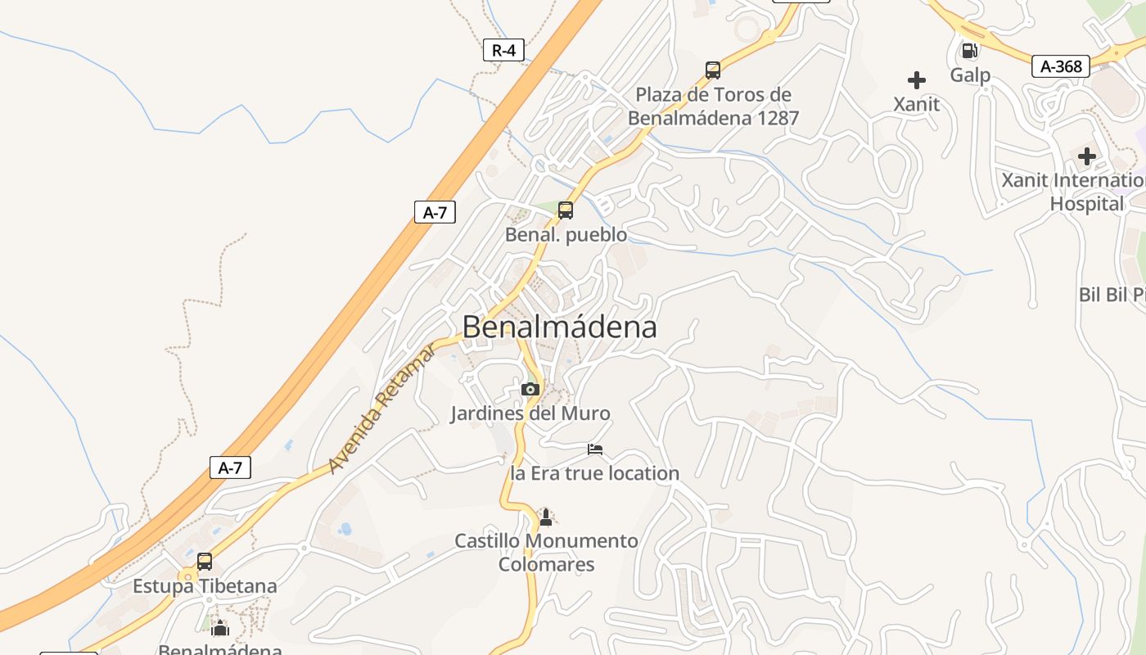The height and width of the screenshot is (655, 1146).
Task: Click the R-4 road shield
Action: click(503, 50)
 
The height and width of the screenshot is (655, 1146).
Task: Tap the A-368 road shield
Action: click(1060, 66)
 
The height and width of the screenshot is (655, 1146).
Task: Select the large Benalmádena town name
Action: click(559, 327)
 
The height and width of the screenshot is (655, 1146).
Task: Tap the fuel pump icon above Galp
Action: click(970, 51)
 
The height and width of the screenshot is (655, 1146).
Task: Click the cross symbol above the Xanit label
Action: click(917, 80)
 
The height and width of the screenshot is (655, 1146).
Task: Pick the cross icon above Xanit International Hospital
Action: click(1087, 156)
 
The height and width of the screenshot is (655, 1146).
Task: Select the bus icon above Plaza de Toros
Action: click(713, 70)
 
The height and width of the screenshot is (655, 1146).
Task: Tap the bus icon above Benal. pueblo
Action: click(566, 210)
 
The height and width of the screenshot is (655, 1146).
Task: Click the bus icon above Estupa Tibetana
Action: click(205, 562)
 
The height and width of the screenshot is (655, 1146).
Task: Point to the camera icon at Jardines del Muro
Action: click(530, 389)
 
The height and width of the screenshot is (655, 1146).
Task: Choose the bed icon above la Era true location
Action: click(595, 449)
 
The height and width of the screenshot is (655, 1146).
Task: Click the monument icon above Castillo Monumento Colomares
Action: click(546, 517)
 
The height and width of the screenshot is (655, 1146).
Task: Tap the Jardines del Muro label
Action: click(530, 413)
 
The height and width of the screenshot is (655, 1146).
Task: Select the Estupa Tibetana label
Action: click(205, 586)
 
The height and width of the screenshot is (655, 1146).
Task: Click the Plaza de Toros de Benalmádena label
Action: click(713, 106)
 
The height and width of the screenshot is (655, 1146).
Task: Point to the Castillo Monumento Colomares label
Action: click(546, 553)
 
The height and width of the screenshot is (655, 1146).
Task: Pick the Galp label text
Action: click(970, 75)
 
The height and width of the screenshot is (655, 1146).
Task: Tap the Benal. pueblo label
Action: click(566, 235)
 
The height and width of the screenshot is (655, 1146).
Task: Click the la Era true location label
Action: click(595, 473)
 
